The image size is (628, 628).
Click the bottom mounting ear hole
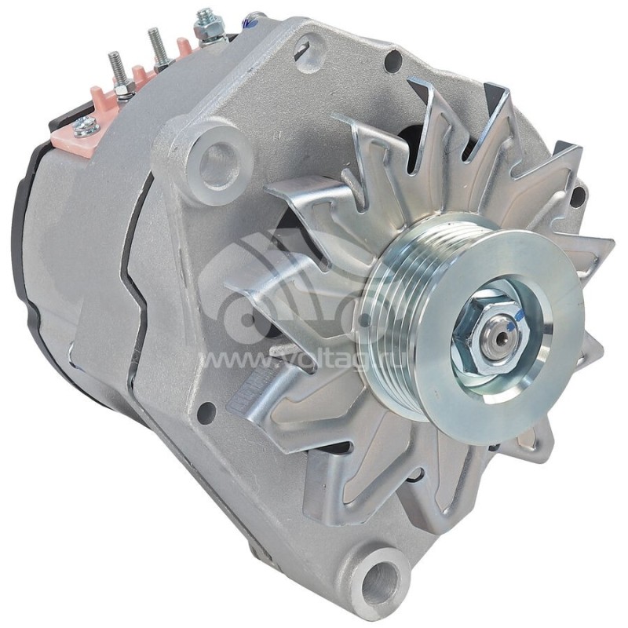(x=382, y=584)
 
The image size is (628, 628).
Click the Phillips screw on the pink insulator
(x=86, y=126)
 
